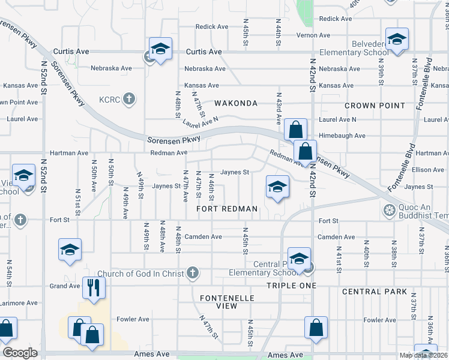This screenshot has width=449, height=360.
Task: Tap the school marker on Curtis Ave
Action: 160,48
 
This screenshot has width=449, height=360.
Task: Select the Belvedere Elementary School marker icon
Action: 397,39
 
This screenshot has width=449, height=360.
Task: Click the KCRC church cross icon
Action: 128,98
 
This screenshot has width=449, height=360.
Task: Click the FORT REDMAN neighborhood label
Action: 228,209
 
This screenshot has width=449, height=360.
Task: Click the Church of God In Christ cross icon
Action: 192,273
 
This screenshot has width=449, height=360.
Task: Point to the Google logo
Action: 20,353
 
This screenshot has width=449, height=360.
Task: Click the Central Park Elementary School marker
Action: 299,258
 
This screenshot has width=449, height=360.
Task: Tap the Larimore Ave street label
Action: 20,303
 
